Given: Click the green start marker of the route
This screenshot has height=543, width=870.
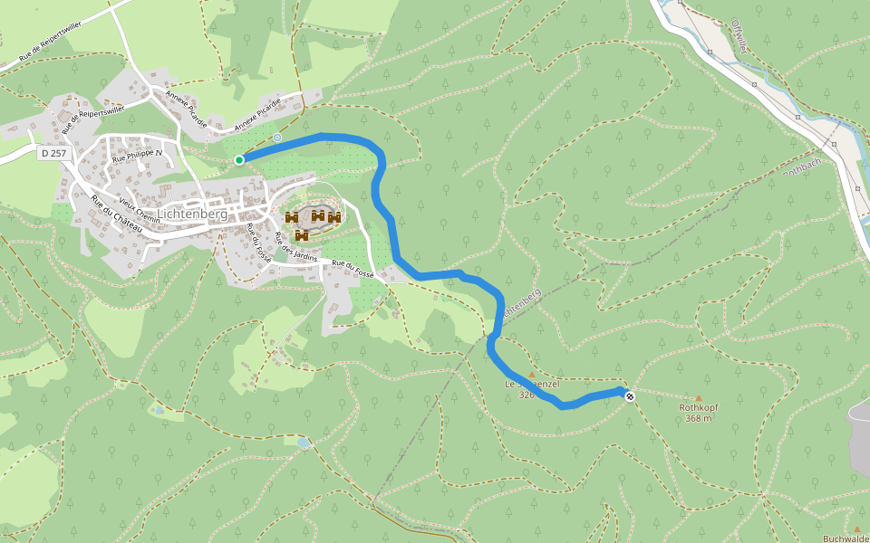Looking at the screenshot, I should tap(239, 160).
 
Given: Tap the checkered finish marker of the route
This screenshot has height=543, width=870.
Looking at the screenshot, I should tap(630, 396).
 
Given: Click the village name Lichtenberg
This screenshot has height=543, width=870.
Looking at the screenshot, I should tap(192, 214).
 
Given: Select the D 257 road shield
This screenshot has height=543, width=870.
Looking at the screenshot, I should tap(53, 154).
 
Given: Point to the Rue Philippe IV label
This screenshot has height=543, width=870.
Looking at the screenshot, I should tap(136, 156).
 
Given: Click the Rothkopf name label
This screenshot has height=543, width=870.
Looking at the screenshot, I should tap(698, 407).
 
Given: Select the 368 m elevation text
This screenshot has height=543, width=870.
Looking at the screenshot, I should tap(698, 418).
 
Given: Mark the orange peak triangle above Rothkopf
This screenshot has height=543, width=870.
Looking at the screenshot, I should tap(698, 397).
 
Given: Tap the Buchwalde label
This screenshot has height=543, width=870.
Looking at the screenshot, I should tap(846, 538).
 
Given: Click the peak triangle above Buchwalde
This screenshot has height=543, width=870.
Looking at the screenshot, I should tap(856, 529).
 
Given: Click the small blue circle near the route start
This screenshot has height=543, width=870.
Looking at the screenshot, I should tap(276, 138).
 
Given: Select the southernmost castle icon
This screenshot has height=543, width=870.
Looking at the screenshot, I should tap(302, 235).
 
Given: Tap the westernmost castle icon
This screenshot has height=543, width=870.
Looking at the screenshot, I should tap(292, 217).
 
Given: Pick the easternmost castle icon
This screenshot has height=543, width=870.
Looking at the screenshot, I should tap(334, 217).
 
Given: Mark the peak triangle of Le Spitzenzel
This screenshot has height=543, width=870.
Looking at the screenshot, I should tap(531, 374).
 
